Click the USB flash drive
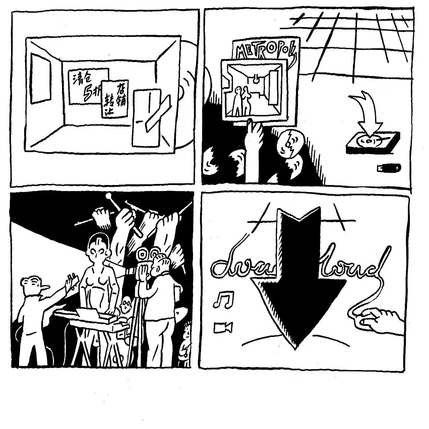click(x=389, y=167)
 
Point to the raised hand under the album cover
click(x=254, y=137)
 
